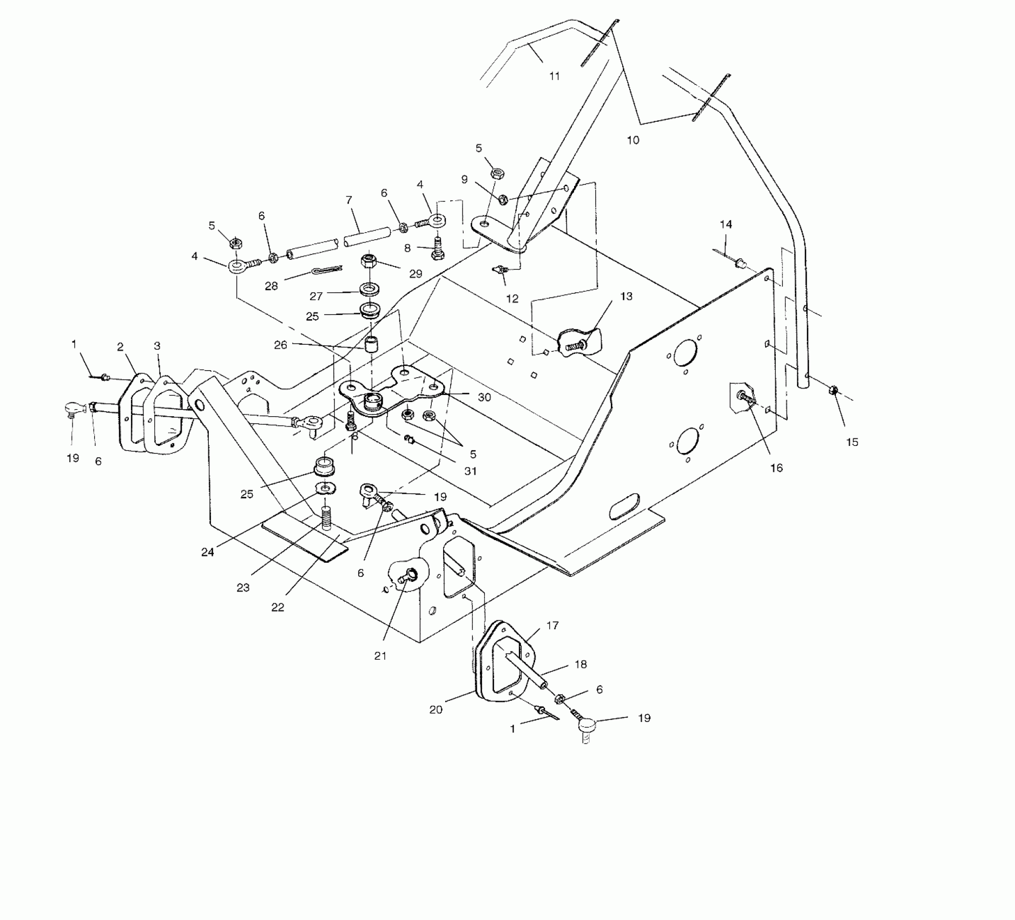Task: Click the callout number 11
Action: tap(554, 76)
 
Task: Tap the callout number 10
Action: tap(632, 140)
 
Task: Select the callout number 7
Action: tap(349, 200)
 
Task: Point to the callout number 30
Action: tap(484, 397)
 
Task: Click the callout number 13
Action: tap(627, 297)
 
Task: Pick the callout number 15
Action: tap(852, 442)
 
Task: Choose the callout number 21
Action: tap(380, 656)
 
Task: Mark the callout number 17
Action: tap(552, 625)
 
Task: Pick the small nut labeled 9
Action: tap(502, 200)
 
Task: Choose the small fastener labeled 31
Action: tap(410, 439)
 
